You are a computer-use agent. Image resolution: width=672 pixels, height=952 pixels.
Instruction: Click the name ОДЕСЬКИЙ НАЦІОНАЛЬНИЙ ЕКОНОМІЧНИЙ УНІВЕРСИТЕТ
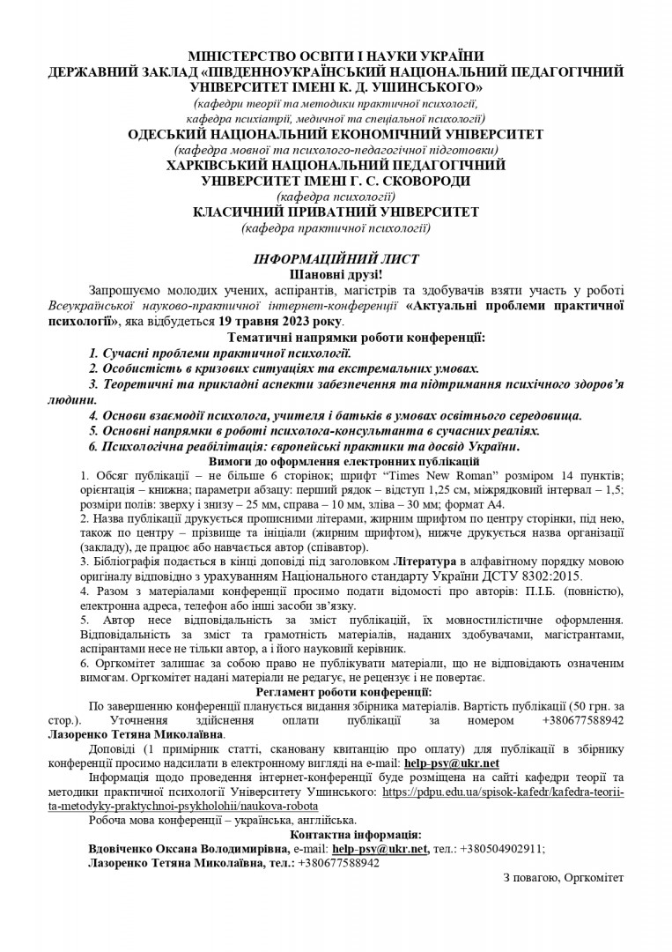(x=336, y=134)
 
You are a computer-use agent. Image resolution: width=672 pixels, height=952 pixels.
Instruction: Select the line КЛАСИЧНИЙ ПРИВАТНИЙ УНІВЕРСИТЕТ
(x=336, y=212)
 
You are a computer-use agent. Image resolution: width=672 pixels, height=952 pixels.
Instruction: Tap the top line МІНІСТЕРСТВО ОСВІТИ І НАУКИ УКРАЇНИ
(x=336, y=56)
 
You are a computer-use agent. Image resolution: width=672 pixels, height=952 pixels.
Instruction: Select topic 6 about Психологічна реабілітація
(x=304, y=447)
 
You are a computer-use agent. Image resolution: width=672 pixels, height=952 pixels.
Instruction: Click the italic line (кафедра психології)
(x=336, y=197)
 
